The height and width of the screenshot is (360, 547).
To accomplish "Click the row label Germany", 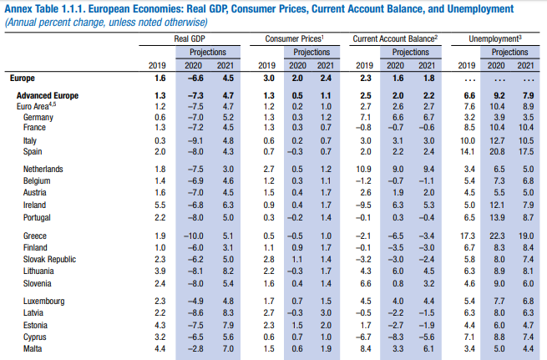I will coord(39,118).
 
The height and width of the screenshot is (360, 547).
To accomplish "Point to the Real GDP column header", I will coord(190,39).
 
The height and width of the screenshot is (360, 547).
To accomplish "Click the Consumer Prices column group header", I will coord(295,39).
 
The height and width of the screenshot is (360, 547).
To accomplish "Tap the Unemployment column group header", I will coord(495,39).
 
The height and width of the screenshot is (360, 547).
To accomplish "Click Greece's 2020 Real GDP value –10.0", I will coord(193,237).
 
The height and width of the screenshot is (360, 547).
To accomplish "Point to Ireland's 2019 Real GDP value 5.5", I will coord(161,204).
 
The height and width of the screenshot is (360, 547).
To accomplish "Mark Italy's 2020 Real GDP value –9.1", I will coord(195,141).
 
